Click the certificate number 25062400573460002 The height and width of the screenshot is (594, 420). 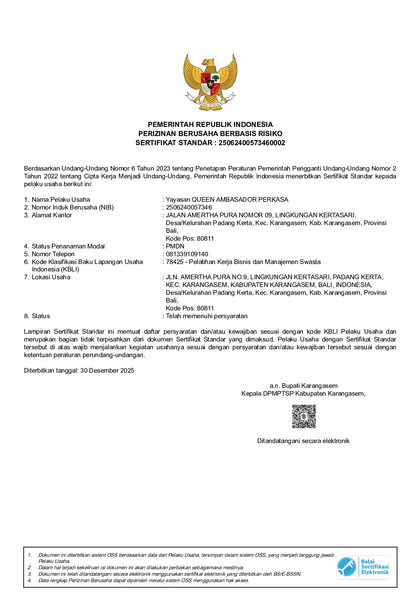[252, 143]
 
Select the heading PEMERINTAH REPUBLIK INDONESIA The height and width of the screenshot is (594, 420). [210, 125]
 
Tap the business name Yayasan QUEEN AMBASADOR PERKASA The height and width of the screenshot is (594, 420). [227, 200]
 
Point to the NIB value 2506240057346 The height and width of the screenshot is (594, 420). [189, 207]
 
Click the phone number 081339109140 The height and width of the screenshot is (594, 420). [187, 254]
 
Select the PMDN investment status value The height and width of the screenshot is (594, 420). [175, 246]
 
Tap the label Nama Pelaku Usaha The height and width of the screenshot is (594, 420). [61, 200]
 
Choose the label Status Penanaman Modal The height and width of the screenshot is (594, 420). [68, 246]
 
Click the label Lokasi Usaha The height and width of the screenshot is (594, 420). [51, 277]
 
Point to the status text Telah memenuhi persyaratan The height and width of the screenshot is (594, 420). [207, 316]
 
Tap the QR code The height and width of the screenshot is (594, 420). [304, 416]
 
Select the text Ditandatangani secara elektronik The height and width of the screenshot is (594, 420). [303, 441]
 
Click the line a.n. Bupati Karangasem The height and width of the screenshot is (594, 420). [303, 386]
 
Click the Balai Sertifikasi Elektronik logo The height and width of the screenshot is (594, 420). [363, 567]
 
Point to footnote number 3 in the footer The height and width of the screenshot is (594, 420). [30, 574]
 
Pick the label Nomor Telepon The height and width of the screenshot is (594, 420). [53, 254]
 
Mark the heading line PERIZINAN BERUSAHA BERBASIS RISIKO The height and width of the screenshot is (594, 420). [210, 134]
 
